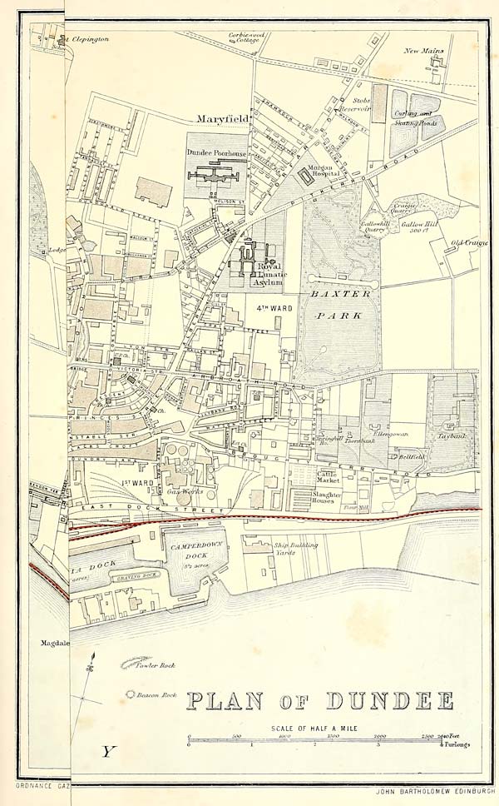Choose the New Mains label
click(424, 51)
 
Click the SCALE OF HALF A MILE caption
click(318, 729)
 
